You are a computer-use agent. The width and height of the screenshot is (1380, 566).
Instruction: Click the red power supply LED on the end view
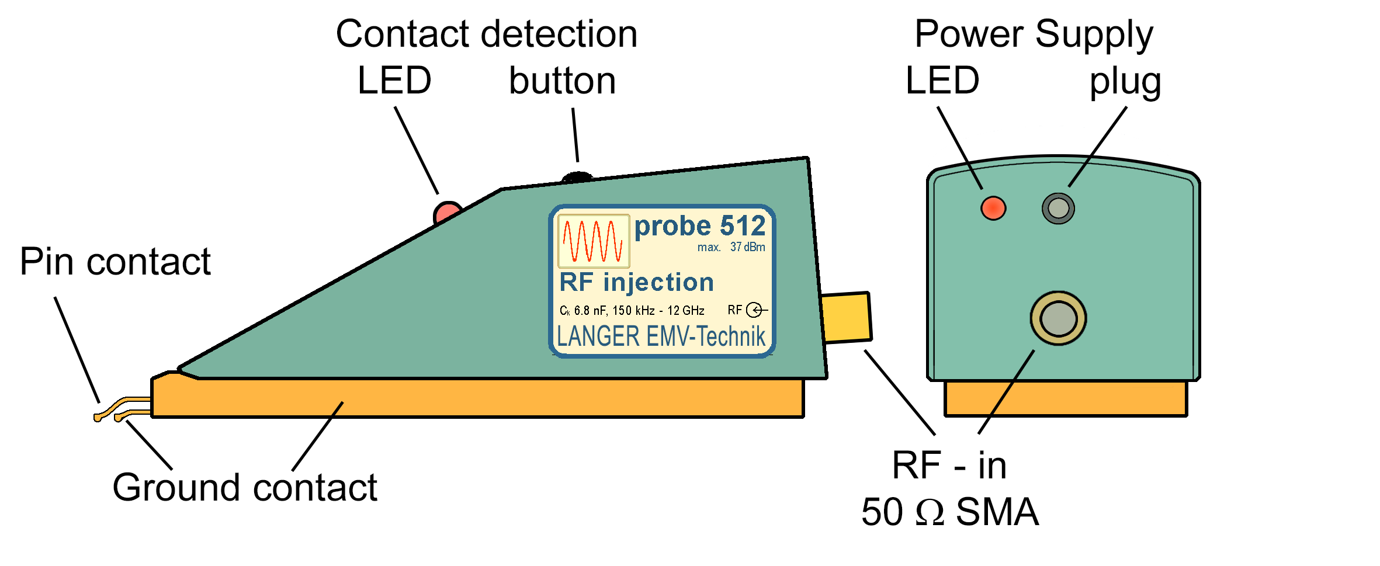pyautogui.click(x=993, y=208)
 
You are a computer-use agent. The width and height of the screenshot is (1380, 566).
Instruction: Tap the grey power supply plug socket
pyautogui.click(x=1058, y=208)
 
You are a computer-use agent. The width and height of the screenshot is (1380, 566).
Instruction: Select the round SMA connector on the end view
pyautogui.click(x=1058, y=318)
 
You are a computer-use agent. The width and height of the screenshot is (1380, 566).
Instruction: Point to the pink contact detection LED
pyautogui.click(x=447, y=212)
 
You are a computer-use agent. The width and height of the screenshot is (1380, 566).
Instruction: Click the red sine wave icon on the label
pyautogui.click(x=594, y=241)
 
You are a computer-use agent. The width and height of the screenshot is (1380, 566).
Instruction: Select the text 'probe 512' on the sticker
pyautogui.click(x=700, y=227)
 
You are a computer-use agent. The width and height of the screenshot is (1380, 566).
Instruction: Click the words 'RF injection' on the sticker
pyautogui.click(x=637, y=283)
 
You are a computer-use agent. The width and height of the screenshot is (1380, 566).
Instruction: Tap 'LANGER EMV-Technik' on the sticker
pyautogui.click(x=661, y=337)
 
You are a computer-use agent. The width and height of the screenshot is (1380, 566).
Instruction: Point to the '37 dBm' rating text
pyautogui.click(x=747, y=247)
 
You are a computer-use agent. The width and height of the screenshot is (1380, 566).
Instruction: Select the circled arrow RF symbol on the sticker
pyautogui.click(x=755, y=310)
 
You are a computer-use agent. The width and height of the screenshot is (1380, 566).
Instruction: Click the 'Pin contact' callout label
pyautogui.click(x=115, y=262)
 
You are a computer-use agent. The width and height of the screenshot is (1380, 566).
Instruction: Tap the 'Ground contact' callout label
pyautogui.click(x=245, y=488)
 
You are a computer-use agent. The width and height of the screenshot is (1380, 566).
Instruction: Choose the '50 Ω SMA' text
pyautogui.click(x=950, y=512)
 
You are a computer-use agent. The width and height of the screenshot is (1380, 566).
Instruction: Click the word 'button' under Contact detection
pyautogui.click(x=562, y=81)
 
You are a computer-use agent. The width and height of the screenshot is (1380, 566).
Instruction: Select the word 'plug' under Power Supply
pyautogui.click(x=1125, y=82)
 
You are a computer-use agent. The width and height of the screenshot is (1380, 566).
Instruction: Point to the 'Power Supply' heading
pyautogui.click(x=1034, y=34)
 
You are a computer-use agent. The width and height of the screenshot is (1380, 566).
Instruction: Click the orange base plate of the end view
pyautogui.click(x=1066, y=398)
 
